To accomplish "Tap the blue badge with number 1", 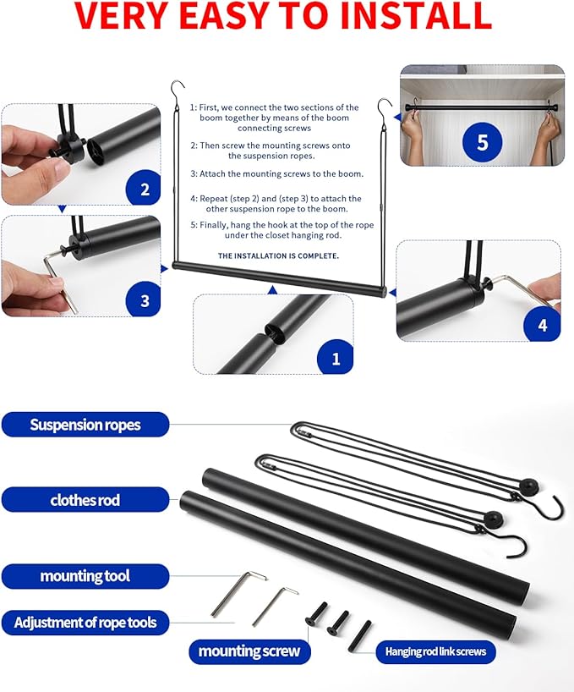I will tap(336, 358).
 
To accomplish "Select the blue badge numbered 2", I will tap(144, 189).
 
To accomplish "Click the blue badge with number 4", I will tap(542, 324).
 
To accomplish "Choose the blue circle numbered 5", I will tap(482, 141).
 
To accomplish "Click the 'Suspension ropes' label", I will tap(85, 424).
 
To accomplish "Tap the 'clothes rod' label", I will tap(85, 500).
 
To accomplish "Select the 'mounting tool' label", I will tap(85, 576).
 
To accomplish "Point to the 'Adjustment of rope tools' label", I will tap(85, 623).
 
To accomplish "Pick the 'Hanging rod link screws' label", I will tap(435, 651).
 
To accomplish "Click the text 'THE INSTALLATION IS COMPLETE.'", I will tap(278, 255).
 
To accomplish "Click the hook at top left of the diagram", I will tap(177, 88).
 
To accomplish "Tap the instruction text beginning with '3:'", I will tap(276, 173).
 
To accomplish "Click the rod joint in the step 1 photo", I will tap(272, 332).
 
